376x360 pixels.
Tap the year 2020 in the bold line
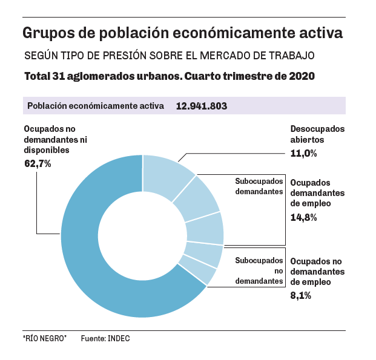(x=302, y=77)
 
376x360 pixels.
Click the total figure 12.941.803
(x=202, y=106)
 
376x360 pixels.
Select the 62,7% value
(x=38, y=164)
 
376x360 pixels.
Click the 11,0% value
(x=304, y=154)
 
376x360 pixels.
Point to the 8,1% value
(x=301, y=295)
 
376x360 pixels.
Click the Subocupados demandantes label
(x=259, y=186)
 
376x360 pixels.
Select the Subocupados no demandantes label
(x=259, y=270)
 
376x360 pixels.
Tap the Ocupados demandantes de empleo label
(x=317, y=193)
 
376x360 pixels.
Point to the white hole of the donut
(x=142, y=235)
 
